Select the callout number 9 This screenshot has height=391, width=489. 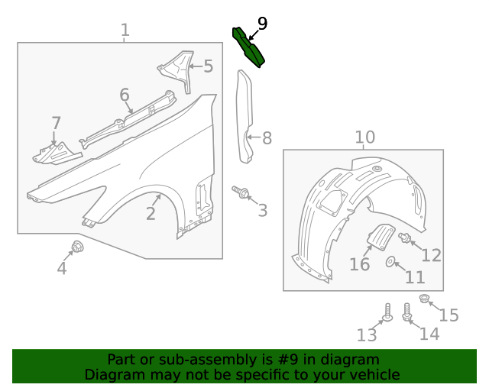coord(262,24)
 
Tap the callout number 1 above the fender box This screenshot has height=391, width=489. coord(125,31)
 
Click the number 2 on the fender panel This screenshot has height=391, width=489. coord(151,214)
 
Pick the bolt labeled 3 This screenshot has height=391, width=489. coord(241,192)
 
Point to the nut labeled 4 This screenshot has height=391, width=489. coord(77,246)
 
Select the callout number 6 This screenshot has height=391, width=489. coord(125,95)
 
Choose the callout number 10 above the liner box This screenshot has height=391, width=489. coord(364,137)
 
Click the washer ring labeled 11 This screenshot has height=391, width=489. coord(391,262)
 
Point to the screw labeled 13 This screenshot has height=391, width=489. coord(387,313)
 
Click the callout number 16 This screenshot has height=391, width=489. coord(359,264)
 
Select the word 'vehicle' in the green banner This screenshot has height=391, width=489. coord(374,375)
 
